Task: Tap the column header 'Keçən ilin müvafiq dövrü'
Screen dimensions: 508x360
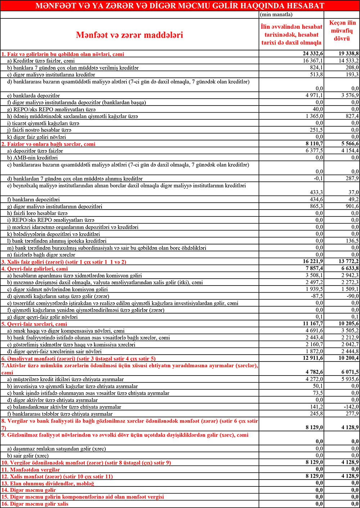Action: point(342,31)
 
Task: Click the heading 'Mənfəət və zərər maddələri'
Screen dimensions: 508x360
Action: point(129,35)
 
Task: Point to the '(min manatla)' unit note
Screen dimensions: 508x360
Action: point(276,15)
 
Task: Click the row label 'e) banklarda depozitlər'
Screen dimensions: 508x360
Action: point(36,96)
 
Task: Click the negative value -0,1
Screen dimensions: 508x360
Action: point(318,179)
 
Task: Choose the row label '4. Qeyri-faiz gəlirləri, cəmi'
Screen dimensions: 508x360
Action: point(35,269)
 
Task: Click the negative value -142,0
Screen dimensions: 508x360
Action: point(351,407)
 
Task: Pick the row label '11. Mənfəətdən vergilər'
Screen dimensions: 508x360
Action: point(31,469)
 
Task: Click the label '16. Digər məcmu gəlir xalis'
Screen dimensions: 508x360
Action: point(35,504)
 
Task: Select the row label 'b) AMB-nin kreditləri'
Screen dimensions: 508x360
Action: point(35,158)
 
